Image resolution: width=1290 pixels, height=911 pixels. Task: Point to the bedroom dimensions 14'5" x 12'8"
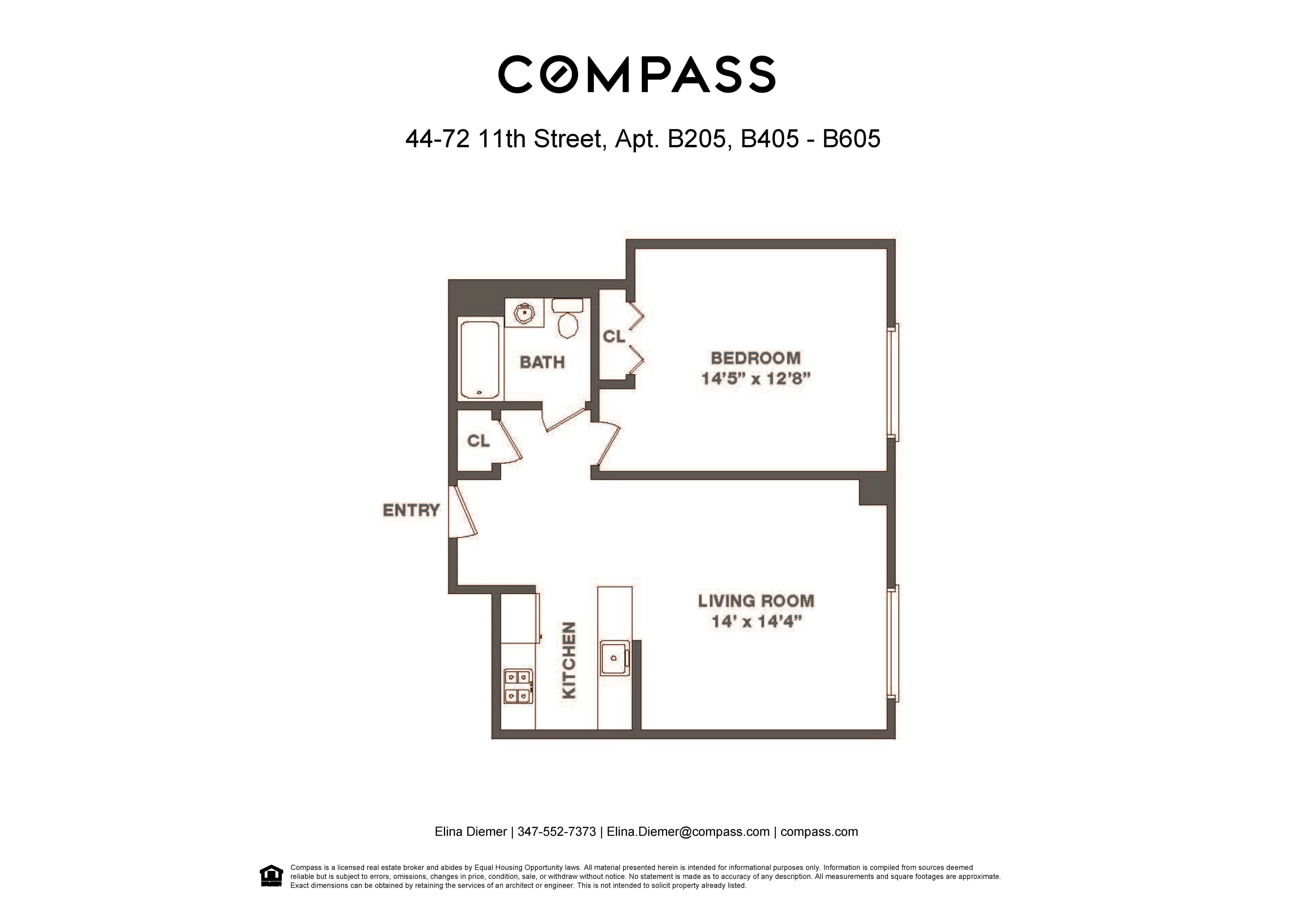click(755, 378)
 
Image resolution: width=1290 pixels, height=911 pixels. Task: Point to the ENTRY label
click(411, 510)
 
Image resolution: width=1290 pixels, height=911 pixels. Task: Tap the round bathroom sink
click(524, 313)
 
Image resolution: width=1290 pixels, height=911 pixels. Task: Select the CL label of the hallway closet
click(478, 441)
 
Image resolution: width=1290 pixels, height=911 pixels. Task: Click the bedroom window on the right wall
click(893, 382)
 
